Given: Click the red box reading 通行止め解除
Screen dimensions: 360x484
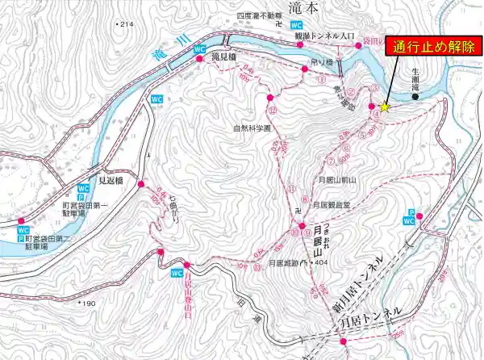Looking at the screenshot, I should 433,46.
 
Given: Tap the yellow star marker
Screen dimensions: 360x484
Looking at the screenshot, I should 385,107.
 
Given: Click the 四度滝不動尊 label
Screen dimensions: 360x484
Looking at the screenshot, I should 257,15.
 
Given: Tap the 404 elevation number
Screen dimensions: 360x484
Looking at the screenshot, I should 324,263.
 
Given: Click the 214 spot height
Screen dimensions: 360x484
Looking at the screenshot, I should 123,26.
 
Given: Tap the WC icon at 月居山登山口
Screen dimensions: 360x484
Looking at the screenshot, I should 177,274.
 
